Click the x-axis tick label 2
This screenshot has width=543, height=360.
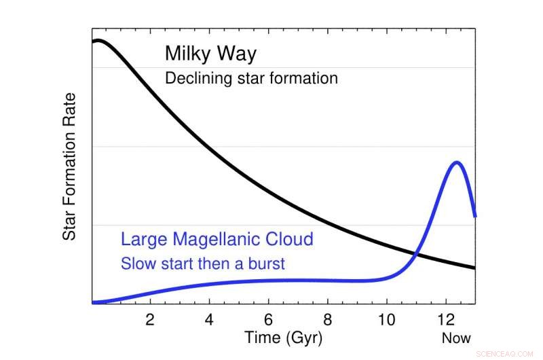(x=150, y=319)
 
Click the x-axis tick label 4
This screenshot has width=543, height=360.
(x=210, y=319)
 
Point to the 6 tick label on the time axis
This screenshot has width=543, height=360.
(x=269, y=319)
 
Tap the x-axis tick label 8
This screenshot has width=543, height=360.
(x=328, y=319)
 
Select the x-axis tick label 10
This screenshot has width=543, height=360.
(x=387, y=319)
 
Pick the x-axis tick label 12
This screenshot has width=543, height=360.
(x=446, y=319)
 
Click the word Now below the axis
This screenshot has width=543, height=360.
(x=455, y=338)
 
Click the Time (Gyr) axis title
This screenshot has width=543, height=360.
(x=283, y=338)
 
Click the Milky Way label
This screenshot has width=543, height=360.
(x=210, y=54)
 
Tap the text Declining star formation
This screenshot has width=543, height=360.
(x=251, y=78)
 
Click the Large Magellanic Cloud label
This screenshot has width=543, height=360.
(x=217, y=239)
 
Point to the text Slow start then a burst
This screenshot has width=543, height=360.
(x=203, y=264)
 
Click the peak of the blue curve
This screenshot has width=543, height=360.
(x=456, y=162)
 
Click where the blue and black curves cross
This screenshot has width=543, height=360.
(x=415, y=255)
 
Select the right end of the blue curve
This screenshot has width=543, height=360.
(x=474, y=216)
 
